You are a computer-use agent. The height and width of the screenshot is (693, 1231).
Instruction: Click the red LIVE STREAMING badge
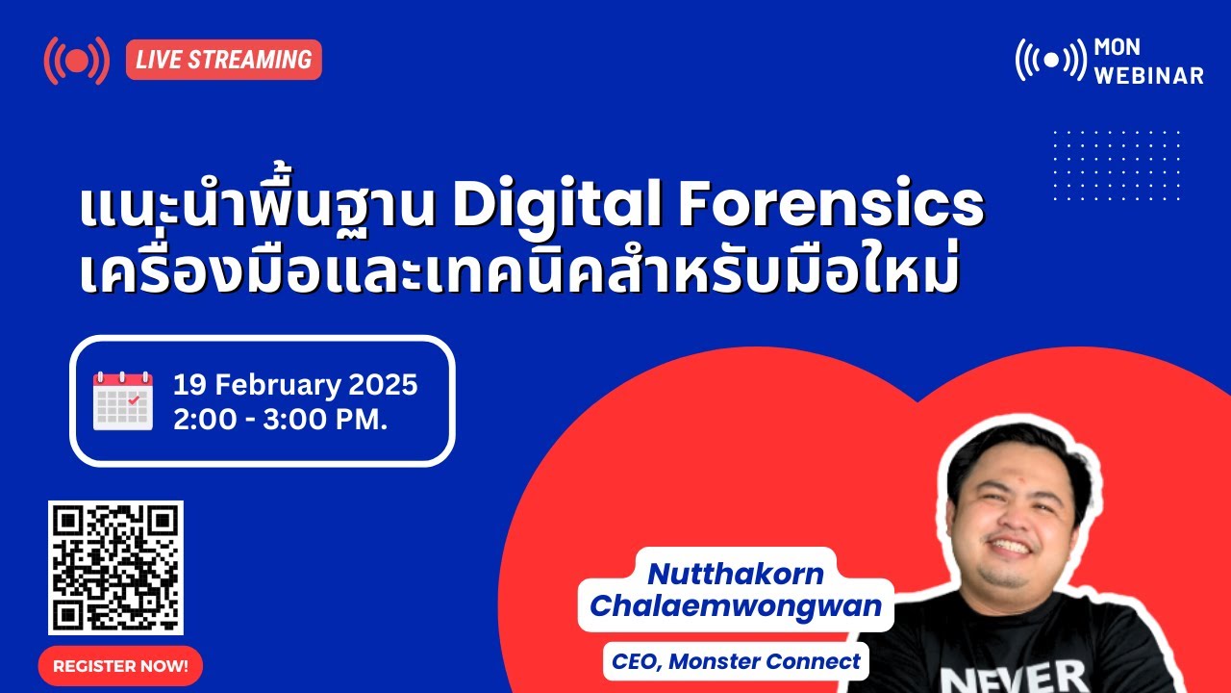(223, 60)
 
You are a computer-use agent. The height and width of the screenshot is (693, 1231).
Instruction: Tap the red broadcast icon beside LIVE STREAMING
(76, 60)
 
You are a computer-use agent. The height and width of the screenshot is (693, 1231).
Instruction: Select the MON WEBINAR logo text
(1148, 62)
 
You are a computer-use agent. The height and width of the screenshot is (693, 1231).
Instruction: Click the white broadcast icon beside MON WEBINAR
(1050, 60)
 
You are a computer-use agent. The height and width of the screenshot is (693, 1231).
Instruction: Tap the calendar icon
(122, 400)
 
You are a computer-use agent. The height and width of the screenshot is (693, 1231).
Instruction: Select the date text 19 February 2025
(295, 386)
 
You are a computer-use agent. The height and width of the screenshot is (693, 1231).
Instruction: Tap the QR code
(115, 568)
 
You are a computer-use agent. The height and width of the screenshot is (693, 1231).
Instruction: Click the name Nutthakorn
(736, 574)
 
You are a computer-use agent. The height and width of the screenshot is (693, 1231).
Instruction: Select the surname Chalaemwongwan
(736, 606)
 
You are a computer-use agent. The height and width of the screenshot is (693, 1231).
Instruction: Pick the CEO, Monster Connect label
(736, 662)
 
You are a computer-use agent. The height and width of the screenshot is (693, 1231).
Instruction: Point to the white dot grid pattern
(1116, 165)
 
